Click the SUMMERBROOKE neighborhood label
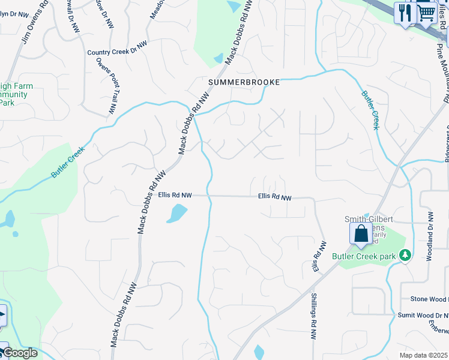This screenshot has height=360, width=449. [244, 82]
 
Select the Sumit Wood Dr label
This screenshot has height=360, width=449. [423, 315]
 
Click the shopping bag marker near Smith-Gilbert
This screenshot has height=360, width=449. [361, 233]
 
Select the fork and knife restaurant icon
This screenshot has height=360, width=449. [404, 13]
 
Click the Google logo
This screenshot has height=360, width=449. [20, 353]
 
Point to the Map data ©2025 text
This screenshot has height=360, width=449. [423, 355]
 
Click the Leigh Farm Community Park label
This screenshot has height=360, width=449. [15, 94]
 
